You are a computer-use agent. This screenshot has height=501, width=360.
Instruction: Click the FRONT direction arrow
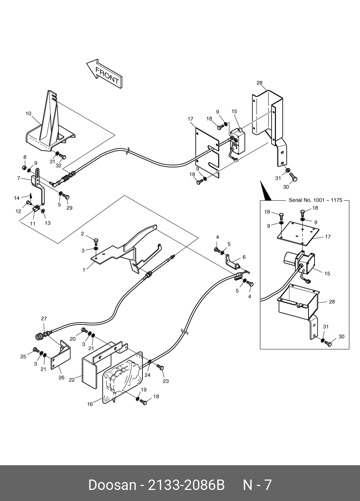click(104, 74)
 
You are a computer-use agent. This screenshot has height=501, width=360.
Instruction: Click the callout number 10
click(28, 114)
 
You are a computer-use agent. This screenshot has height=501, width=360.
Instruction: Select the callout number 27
click(44, 319)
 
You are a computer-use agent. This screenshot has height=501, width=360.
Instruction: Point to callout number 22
click(72, 380)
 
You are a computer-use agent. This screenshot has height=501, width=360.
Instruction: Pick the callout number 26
click(61, 378)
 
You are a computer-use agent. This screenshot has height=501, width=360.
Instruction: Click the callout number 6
click(244, 257)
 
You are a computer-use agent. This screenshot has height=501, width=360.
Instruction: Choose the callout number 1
click(84, 270)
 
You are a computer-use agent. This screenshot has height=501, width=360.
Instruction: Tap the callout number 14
click(17, 198)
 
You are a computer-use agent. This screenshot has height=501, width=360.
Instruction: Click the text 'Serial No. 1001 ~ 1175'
click(316, 200)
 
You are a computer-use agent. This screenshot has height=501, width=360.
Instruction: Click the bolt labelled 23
click(161, 367)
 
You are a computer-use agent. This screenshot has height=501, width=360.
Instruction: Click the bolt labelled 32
click(63, 156)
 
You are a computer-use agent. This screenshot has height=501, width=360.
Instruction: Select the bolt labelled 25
click(36, 350)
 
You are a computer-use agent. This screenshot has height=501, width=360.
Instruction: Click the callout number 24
click(147, 375)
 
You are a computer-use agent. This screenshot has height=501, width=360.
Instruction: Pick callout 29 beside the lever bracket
click(69, 208)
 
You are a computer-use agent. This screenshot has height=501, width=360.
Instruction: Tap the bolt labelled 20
click(84, 330)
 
